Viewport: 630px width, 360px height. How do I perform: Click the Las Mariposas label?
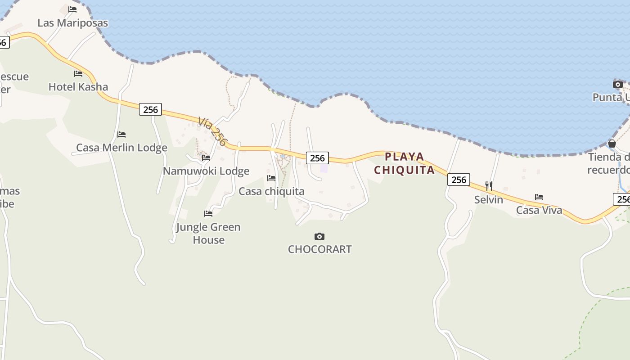pyautogui.click(x=73, y=23)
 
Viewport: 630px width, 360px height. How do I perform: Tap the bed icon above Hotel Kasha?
pyautogui.click(x=78, y=73)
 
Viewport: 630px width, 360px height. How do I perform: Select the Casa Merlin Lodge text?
pyautogui.click(x=121, y=148)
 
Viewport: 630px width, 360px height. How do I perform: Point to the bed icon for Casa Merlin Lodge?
pyautogui.click(x=121, y=134)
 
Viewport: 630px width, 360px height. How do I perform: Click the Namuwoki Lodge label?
pyautogui.click(x=206, y=171)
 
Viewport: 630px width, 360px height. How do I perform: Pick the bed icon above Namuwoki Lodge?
pyautogui.click(x=206, y=158)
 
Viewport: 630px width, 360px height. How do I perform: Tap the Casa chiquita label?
pyautogui.click(x=271, y=191)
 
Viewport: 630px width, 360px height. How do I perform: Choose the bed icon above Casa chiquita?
pyautogui.click(x=271, y=178)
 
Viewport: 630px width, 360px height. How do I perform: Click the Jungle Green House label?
pyautogui.click(x=208, y=233)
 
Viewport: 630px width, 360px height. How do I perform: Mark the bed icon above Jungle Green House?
pyautogui.click(x=208, y=213)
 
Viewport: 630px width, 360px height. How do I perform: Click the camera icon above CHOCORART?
pyautogui.click(x=319, y=236)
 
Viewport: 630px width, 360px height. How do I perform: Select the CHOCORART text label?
pyautogui.click(x=319, y=249)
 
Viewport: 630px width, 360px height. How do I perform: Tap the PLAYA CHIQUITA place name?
pyautogui.click(x=405, y=163)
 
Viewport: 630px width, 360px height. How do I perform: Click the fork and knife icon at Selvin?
pyautogui.click(x=489, y=186)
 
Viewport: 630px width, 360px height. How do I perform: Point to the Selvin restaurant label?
pyautogui.click(x=489, y=199)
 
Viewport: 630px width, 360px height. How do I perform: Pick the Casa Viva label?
pyautogui.click(x=539, y=210)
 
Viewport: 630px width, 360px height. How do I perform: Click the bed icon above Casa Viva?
pyautogui.click(x=539, y=197)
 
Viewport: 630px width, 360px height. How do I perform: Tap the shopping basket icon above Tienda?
pyautogui.click(x=612, y=144)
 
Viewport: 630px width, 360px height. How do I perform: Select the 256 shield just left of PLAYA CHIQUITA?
pyautogui.click(x=317, y=158)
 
